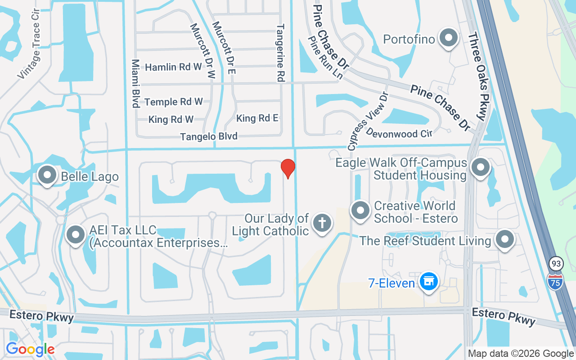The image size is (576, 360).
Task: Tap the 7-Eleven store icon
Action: click(x=429, y=282)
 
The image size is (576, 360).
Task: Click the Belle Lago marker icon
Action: click(x=47, y=175)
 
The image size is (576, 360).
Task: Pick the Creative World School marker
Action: click(x=360, y=211)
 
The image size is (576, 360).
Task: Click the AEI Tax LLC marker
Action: click(x=76, y=235)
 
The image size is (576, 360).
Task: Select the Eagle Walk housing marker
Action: click(x=480, y=167)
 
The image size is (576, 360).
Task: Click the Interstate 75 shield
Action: click(x=555, y=281)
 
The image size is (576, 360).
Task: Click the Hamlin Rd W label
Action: click(x=173, y=67)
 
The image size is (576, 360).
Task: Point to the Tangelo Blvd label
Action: click(x=209, y=136)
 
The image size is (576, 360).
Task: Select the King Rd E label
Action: click(x=257, y=118)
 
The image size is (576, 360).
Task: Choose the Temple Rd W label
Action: click(x=174, y=102)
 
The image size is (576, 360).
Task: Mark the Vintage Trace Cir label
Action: click(x=30, y=44)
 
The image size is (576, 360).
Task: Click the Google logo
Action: click(x=30, y=349)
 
